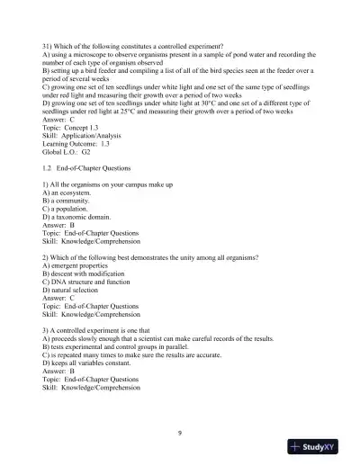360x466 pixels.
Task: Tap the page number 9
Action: coord(180,434)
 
